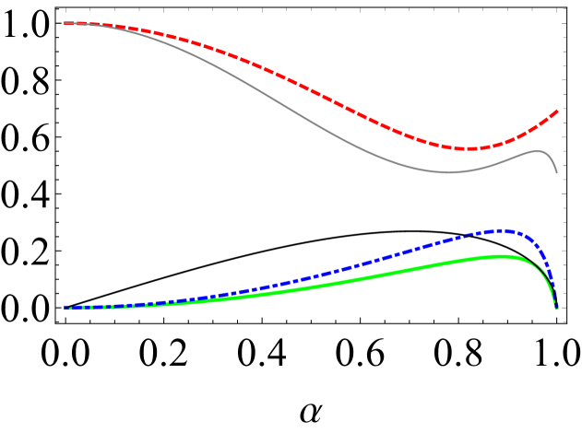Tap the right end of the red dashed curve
pos(557,111)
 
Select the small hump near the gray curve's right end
pos(537,151)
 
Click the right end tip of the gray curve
pos(557,172)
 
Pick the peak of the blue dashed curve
pos(499,230)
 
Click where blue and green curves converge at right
pos(557,308)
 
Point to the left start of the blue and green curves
pos(65,307)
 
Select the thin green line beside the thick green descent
pos(539,269)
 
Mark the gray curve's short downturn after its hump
pos(552,159)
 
